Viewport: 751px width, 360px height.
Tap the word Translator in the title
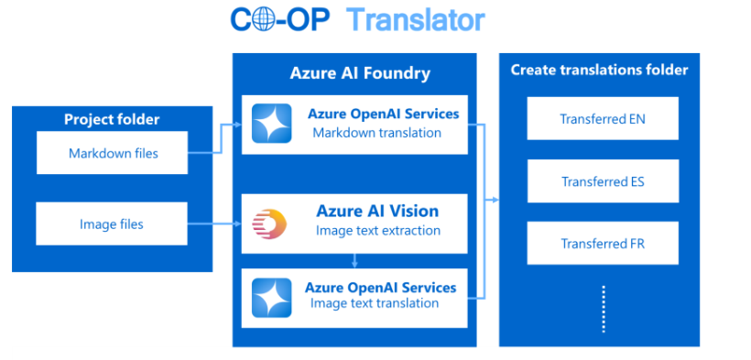(416, 20)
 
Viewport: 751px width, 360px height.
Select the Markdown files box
(112, 153)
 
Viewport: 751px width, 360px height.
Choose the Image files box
(112, 224)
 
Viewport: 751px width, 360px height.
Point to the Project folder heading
(112, 119)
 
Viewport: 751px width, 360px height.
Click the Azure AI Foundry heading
(360, 73)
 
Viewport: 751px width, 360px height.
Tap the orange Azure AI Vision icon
(269, 224)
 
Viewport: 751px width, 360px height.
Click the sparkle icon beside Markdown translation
(272, 123)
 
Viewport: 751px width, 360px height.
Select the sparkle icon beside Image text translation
(272, 298)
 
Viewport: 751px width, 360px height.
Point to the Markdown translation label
(377, 133)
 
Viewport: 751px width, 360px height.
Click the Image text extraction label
(378, 231)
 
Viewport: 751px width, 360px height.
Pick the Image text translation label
(375, 303)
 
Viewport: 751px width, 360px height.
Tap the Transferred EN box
(603, 118)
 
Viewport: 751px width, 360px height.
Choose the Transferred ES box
(603, 181)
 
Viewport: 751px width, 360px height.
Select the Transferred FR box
(603, 244)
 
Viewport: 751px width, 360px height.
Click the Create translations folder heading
(599, 70)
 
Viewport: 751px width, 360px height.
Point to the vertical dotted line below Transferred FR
(604, 309)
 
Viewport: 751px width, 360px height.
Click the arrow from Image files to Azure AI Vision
(214, 224)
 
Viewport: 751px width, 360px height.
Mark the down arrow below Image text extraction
(354, 260)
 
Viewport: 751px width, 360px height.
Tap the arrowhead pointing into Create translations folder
(495, 200)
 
